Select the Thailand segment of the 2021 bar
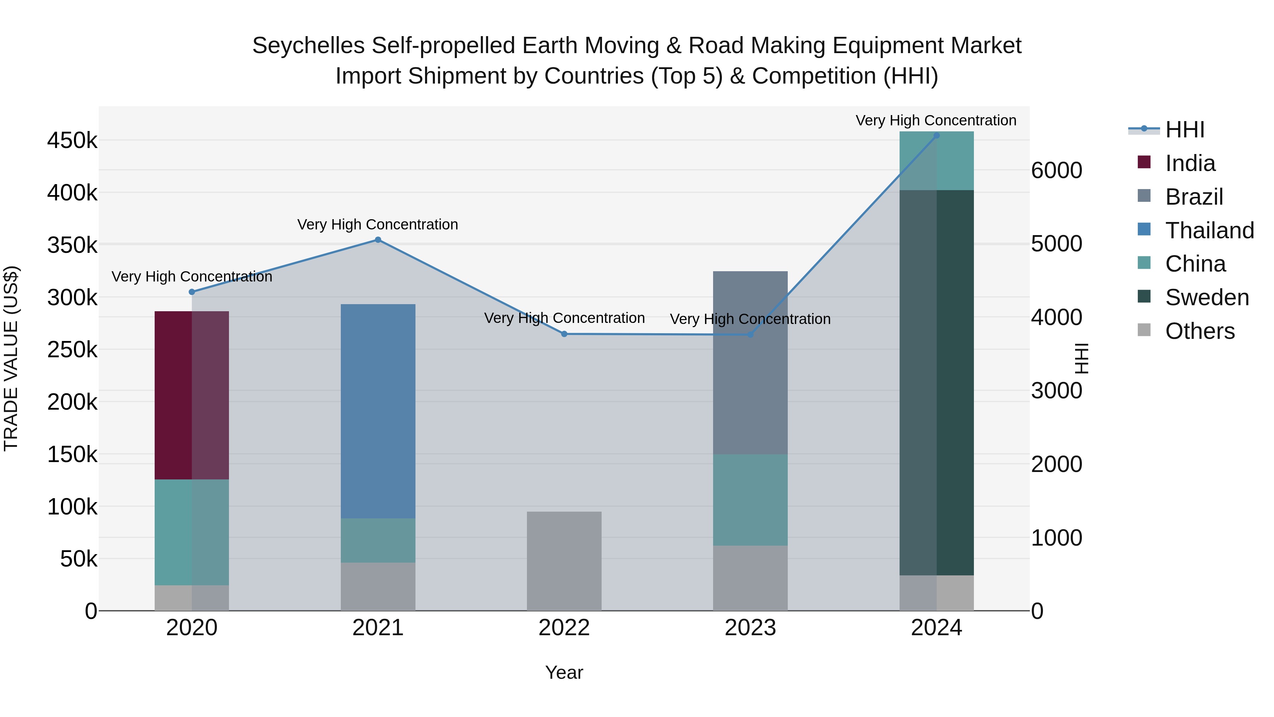pos(378,411)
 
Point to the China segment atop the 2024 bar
pos(936,160)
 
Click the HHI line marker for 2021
pos(378,240)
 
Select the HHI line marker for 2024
pos(936,136)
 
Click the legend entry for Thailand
pos(1209,231)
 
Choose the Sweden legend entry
pos(1207,297)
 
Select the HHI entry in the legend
pos(1184,130)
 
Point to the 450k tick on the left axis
pos(72,141)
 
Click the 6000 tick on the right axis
pos(1057,170)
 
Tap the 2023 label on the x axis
pos(750,628)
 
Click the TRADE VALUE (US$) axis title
pos(11,358)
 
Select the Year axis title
pos(564,672)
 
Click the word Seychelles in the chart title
pos(309,46)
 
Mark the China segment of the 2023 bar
pos(750,500)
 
